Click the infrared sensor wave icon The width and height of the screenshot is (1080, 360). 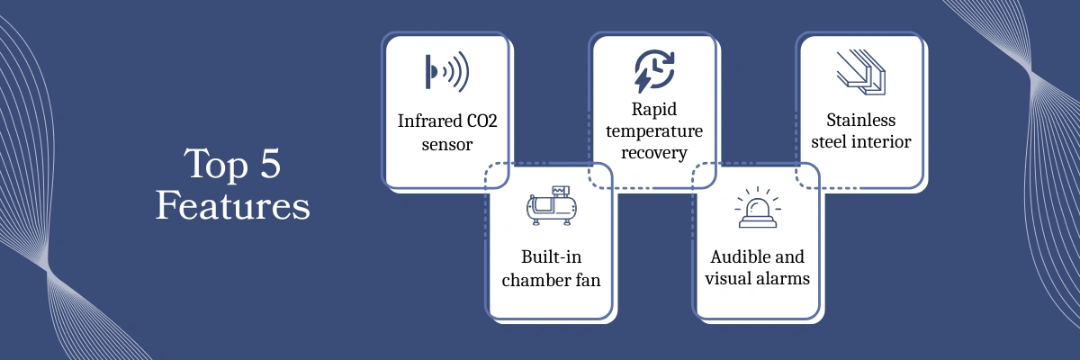point(446,73)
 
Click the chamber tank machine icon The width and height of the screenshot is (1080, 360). point(550,207)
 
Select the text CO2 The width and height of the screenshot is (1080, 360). point(478,121)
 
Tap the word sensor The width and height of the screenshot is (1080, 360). point(447,143)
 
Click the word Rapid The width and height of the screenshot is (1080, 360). point(653,109)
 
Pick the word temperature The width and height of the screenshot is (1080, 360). point(654,131)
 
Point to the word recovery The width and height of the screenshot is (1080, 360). point(654,153)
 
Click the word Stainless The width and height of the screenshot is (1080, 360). point(861,121)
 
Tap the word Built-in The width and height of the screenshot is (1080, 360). point(550,256)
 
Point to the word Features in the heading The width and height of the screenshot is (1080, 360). point(232,206)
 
